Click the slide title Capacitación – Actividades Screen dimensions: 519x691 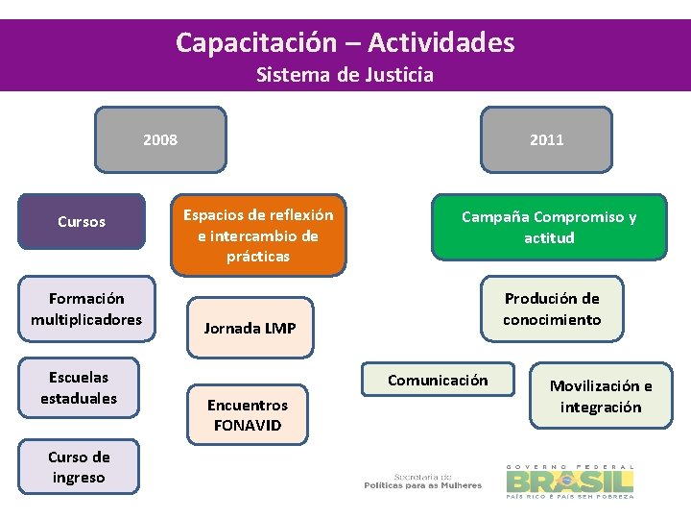pos(345,42)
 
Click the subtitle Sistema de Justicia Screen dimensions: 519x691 pos(345,75)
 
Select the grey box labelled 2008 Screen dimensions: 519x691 pos(160,139)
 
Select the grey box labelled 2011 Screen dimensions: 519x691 pos(547,139)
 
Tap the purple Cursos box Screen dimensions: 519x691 pos(82,222)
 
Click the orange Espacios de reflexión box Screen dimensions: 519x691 pos(258,235)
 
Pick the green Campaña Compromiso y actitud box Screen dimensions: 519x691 pos(549,228)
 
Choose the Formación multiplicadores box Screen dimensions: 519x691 pos(86,309)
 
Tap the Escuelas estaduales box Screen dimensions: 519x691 pos(79,388)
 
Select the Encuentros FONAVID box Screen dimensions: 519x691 pos(248,415)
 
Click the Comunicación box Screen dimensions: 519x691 pos(438,381)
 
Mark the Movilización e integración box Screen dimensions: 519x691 pos(601,396)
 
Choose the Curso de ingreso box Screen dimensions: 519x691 pos(79,467)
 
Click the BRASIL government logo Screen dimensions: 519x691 pos(570,480)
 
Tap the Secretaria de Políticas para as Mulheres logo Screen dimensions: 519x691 pos(422,481)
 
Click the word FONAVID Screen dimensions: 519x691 pos(248,425)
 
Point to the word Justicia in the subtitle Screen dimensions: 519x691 pos(399,75)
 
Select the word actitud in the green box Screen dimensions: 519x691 pos(549,238)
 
